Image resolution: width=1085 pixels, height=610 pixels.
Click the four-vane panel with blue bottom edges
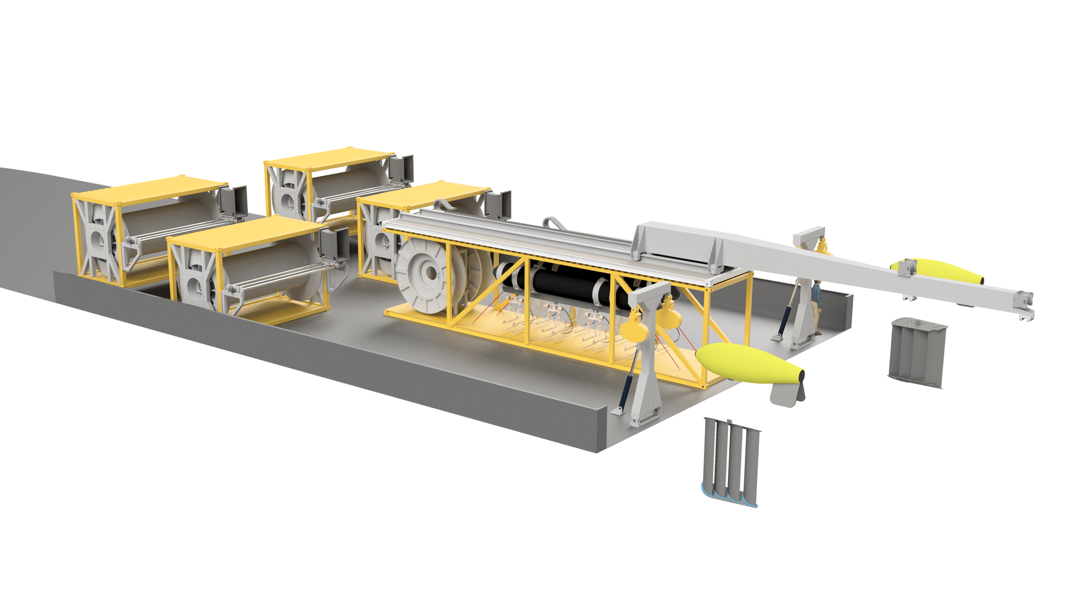(731, 461)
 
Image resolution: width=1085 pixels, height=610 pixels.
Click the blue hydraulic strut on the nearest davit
(628, 380)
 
